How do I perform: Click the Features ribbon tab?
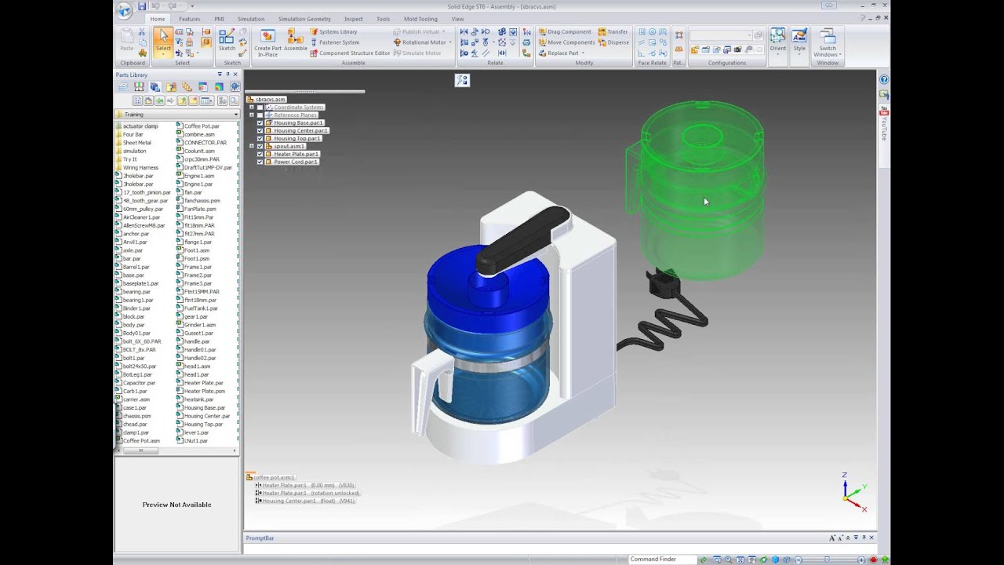(189, 19)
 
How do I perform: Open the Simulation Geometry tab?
(304, 19)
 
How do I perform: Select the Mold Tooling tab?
(420, 19)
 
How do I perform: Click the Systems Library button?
(337, 32)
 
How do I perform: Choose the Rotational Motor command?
(424, 42)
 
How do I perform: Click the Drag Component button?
(569, 32)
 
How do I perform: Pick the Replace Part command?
(562, 53)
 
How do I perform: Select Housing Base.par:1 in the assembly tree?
(298, 123)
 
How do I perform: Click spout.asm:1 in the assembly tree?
(289, 147)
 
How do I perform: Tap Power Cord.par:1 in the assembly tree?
(296, 162)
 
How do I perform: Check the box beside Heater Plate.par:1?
(260, 155)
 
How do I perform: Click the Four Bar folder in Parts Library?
(133, 134)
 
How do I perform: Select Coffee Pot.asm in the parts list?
(140, 441)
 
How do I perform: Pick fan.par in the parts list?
(193, 192)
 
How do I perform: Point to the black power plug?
(660, 282)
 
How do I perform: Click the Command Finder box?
(663, 560)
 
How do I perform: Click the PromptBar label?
(260, 538)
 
